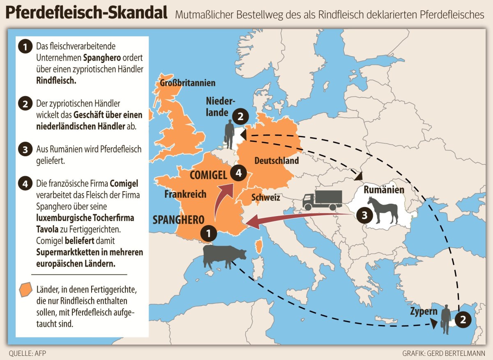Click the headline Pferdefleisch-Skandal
point(87,13)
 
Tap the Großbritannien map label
point(187,83)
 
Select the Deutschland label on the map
point(276,161)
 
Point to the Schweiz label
point(266,198)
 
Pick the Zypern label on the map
point(423,311)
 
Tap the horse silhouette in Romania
point(383,210)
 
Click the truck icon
point(322,200)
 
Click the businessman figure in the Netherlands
point(229,134)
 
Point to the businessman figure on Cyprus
point(446,321)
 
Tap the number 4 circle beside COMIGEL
point(239,173)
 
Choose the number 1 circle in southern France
point(208,233)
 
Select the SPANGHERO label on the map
point(178,219)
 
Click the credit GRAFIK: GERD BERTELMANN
point(444,353)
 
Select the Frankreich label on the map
point(185,194)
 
